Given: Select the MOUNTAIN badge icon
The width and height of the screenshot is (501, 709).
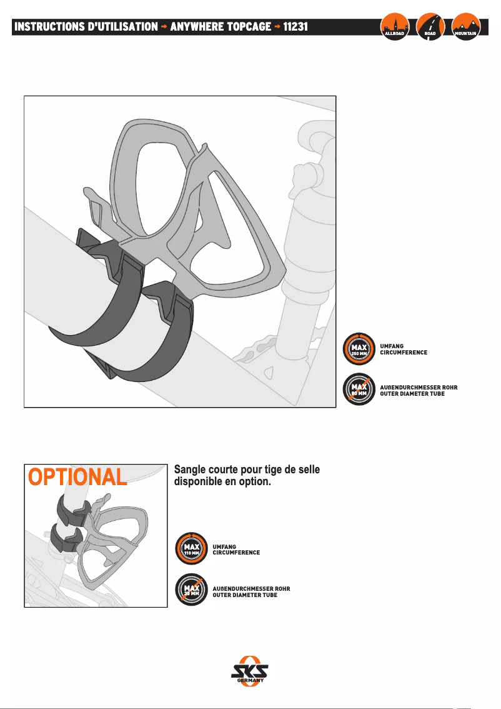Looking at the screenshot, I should (466, 27).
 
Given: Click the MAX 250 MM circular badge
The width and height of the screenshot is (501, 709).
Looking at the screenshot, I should (359, 349).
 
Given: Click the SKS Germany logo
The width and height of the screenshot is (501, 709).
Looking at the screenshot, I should (250, 671).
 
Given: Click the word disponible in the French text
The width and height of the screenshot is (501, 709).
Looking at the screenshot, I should (199, 483).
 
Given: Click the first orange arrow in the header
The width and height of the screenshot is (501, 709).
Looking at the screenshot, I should (164, 27).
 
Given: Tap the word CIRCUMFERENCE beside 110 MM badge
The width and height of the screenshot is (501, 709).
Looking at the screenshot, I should (236, 553).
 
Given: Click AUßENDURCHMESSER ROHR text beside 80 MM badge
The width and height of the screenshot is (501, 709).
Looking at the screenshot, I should (419, 387).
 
